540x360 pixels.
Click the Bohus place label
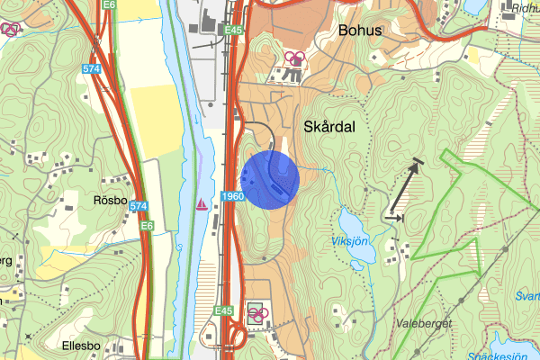(360, 31)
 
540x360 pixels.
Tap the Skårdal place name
(329, 128)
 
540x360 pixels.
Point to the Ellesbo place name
(86, 346)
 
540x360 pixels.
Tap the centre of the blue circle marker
(271, 180)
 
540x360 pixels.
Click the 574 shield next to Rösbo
(138, 206)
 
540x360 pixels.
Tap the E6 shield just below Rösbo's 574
(146, 226)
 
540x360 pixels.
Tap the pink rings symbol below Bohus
(294, 59)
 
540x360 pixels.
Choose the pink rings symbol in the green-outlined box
(258, 314)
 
